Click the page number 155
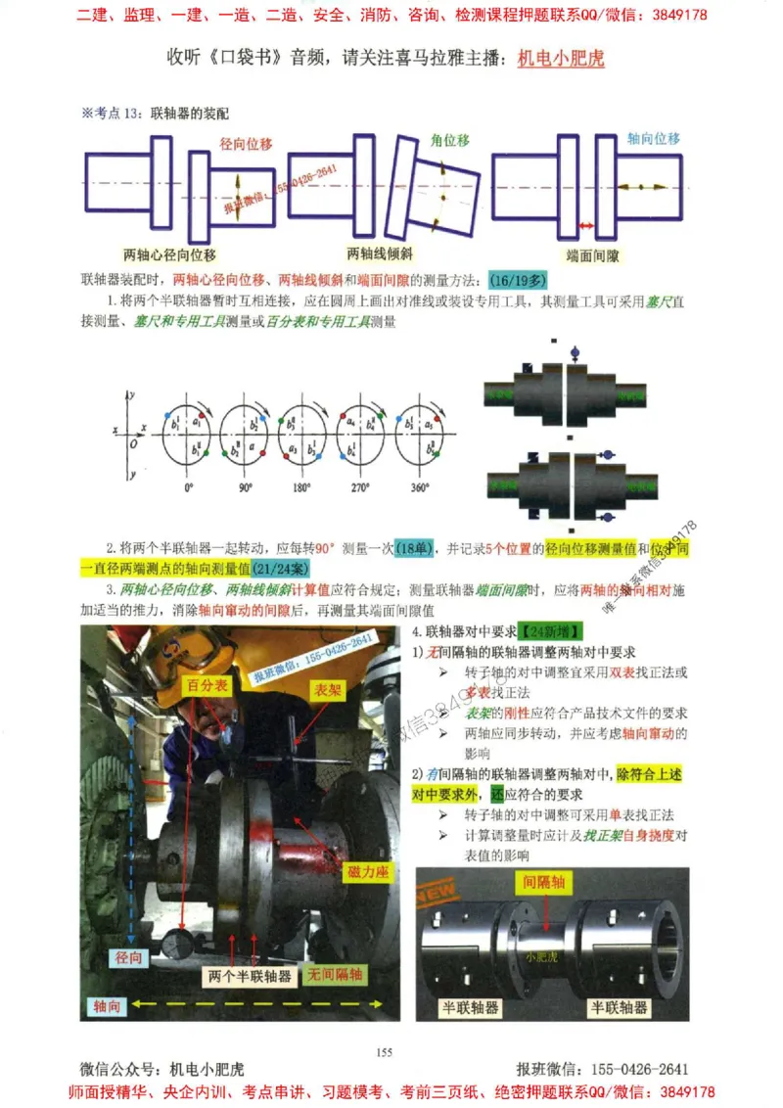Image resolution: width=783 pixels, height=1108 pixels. point(384,1052)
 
